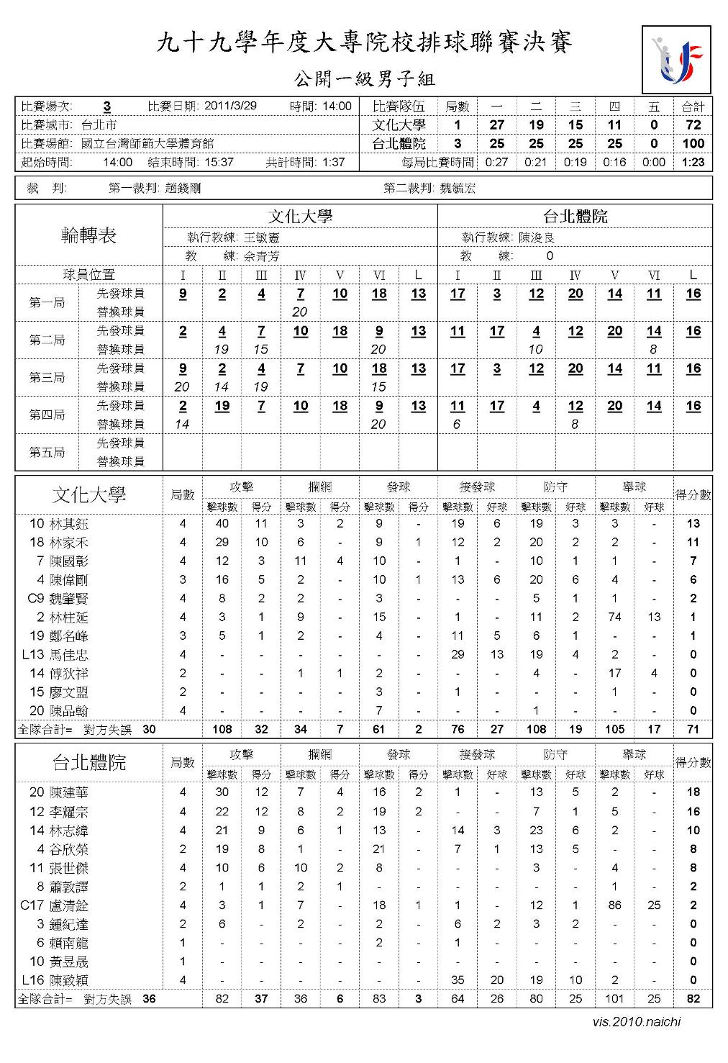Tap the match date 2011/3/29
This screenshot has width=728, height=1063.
click(230, 106)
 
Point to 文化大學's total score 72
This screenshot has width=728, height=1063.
click(693, 125)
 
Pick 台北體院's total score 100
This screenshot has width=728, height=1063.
click(693, 143)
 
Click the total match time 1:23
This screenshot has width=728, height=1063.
click(693, 162)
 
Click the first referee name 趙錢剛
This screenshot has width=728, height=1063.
click(183, 189)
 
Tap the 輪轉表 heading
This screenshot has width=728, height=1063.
click(88, 235)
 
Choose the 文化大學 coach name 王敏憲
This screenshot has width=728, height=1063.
click(262, 237)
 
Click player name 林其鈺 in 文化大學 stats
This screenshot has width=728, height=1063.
click(69, 524)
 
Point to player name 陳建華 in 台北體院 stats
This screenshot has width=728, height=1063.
click(69, 792)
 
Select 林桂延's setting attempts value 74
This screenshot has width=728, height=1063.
click(614, 617)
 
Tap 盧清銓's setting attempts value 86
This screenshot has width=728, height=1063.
click(614, 905)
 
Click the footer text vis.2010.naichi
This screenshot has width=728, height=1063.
click(637, 1021)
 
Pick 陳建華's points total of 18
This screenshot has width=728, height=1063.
click(693, 792)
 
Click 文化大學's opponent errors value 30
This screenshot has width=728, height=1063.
click(149, 729)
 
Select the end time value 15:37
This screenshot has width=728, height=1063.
click(219, 162)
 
